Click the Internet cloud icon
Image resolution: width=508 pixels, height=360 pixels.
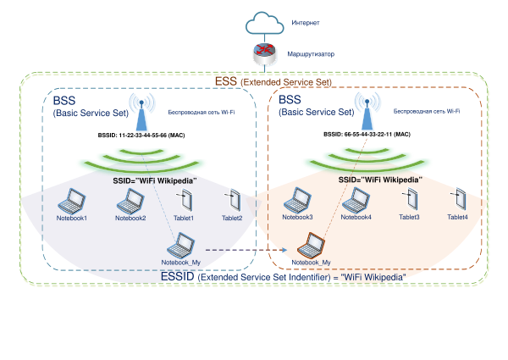click(x=265, y=23)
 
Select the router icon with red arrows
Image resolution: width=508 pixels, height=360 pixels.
click(x=265, y=54)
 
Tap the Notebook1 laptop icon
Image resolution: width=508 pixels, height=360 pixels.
click(x=72, y=201)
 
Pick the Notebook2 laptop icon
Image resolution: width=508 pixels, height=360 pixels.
click(x=130, y=201)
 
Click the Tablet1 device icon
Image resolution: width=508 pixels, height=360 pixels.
click(x=185, y=200)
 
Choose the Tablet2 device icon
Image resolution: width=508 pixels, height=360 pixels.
click(x=234, y=200)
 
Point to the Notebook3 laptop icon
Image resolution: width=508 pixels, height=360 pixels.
click(x=297, y=200)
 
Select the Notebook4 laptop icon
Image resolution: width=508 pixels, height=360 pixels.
click(x=356, y=200)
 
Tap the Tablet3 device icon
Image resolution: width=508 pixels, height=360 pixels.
click(x=411, y=199)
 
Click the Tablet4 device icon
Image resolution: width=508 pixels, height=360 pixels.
click(x=459, y=199)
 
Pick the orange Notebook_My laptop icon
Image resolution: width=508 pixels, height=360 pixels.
click(x=311, y=245)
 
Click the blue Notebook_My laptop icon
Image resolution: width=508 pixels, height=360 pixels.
click(x=181, y=245)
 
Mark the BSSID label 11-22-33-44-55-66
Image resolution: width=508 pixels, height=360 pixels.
click(x=141, y=136)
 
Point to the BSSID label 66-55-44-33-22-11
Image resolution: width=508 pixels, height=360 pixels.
click(x=367, y=135)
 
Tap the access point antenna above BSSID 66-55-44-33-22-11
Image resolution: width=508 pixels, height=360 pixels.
click(x=367, y=111)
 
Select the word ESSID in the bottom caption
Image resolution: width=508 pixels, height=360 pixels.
click(x=177, y=277)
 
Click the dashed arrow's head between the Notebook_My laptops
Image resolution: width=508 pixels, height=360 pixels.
click(x=284, y=250)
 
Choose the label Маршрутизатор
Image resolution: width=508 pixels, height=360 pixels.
click(x=311, y=54)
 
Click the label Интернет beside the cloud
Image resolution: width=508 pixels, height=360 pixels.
click(x=306, y=23)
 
